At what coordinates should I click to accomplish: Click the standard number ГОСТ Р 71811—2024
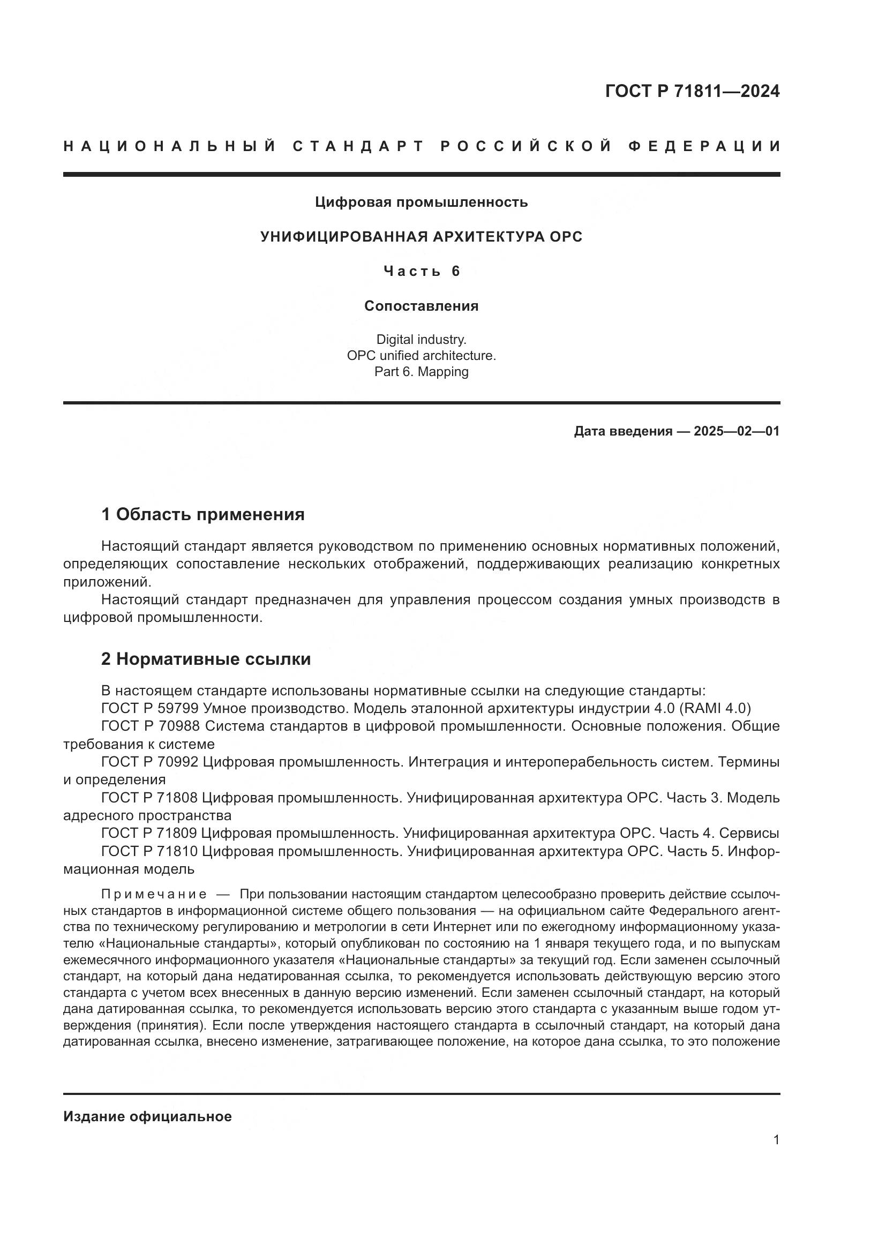click(x=692, y=91)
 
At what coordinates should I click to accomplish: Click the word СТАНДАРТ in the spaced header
click(x=358, y=146)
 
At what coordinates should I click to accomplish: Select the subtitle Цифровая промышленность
click(x=421, y=202)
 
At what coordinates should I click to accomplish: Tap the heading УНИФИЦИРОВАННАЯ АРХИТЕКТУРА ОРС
click(x=421, y=237)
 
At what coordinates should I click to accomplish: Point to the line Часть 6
click(x=421, y=271)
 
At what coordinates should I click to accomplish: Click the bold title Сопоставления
click(x=421, y=306)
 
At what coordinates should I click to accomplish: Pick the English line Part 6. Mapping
click(x=421, y=372)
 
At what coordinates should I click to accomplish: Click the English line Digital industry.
click(x=421, y=340)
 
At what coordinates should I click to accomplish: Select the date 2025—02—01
click(x=736, y=432)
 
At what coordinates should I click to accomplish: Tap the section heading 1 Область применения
click(x=203, y=514)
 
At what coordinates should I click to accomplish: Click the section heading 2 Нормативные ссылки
click(x=206, y=659)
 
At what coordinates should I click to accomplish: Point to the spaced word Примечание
click(x=154, y=895)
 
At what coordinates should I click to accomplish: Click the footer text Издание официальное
click(x=147, y=1117)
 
